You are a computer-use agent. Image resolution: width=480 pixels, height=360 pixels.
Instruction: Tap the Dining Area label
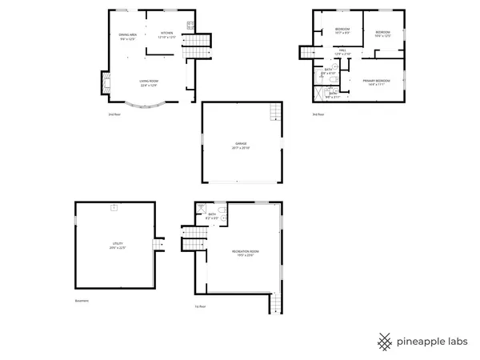[128, 37]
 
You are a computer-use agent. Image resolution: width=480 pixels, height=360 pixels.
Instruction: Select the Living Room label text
[150, 82]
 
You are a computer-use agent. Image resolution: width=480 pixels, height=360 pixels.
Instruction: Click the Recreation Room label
[245, 253]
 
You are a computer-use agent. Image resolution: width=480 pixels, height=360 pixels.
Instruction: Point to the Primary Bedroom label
[374, 82]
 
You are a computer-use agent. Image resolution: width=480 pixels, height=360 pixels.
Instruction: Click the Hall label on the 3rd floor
[342, 51]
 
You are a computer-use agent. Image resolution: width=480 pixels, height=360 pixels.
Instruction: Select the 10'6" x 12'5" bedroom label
[382, 34]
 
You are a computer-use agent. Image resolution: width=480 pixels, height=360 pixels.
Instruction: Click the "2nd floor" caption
[114, 114]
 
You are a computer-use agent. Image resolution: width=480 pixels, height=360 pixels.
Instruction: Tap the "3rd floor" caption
[318, 114]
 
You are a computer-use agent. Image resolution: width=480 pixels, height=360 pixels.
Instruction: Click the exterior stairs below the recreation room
[277, 303]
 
